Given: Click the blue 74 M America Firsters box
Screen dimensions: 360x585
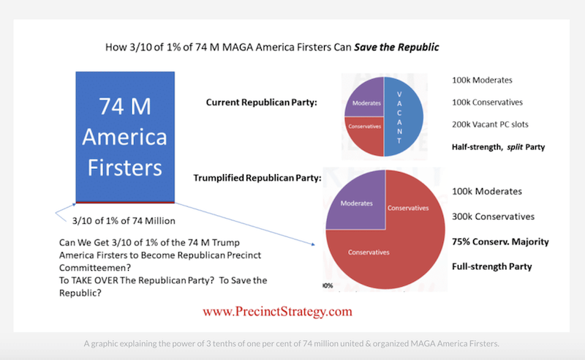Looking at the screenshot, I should coord(125,135).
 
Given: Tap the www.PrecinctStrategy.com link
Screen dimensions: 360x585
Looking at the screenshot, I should coord(277,311).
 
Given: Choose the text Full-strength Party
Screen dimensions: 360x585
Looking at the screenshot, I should coord(492,266).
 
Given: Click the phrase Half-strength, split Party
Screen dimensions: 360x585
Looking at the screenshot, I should coord(499,147).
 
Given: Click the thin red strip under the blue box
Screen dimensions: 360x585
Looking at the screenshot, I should coord(125,201).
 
